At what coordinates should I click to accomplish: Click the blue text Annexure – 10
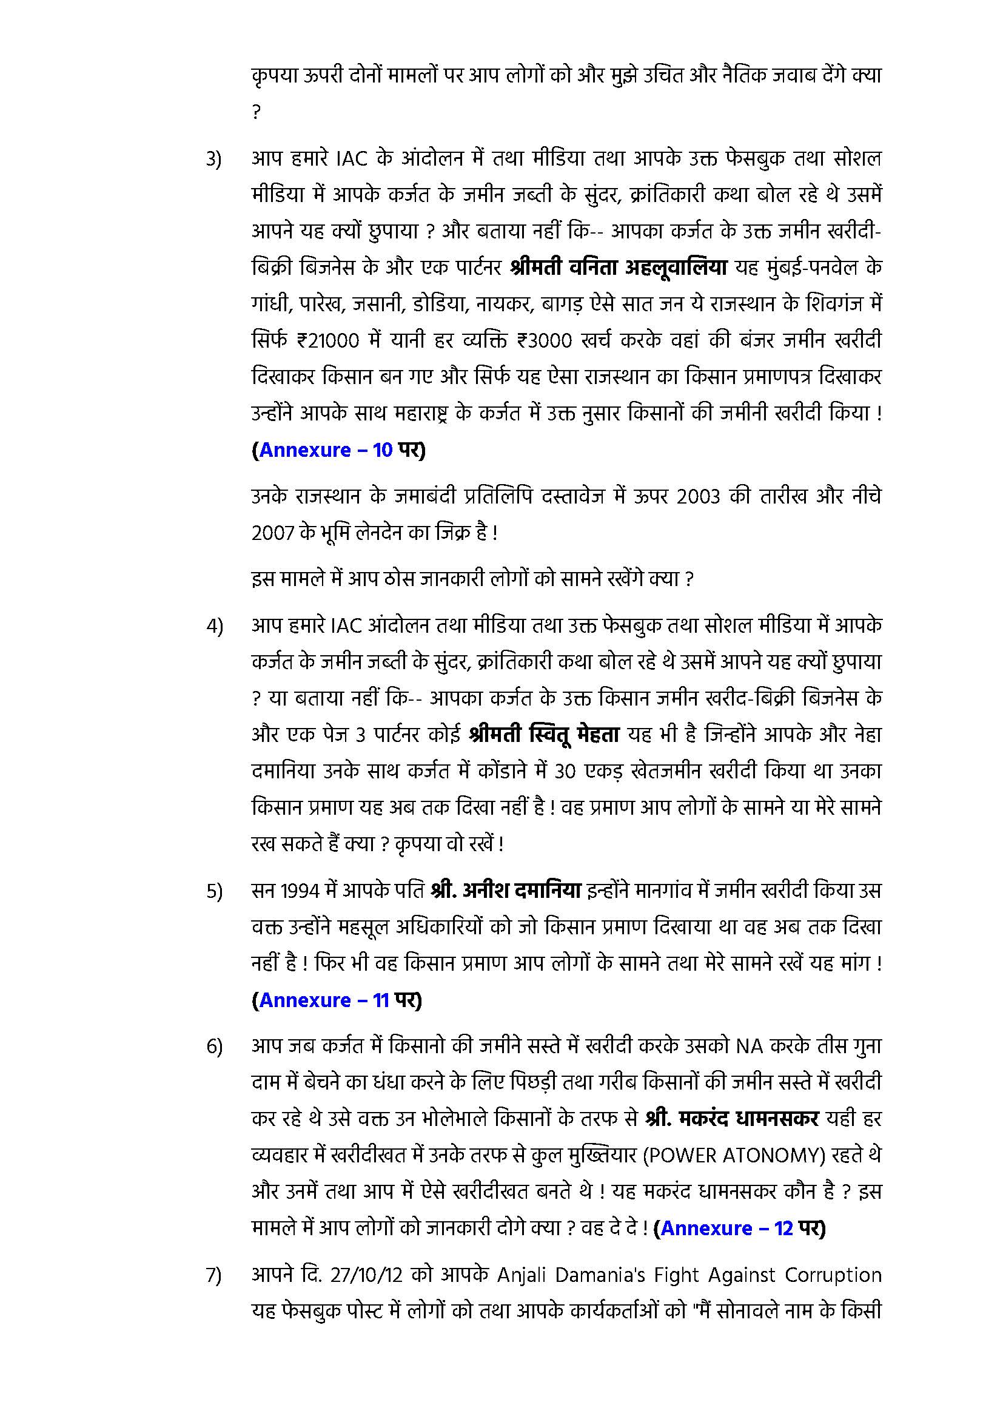tap(326, 450)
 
